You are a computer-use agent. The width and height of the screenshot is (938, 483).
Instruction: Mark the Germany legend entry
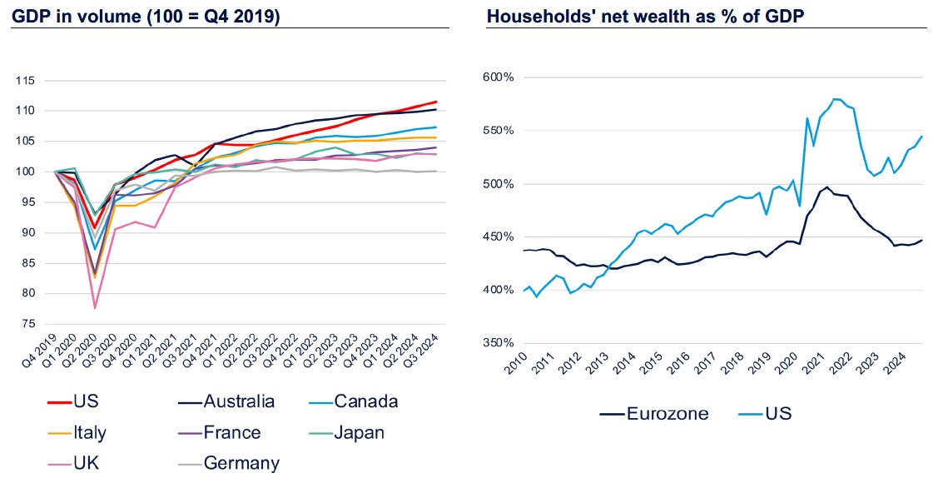pyautogui.click(x=241, y=463)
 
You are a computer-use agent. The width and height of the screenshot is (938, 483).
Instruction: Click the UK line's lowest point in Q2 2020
pyautogui.click(x=96, y=308)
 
